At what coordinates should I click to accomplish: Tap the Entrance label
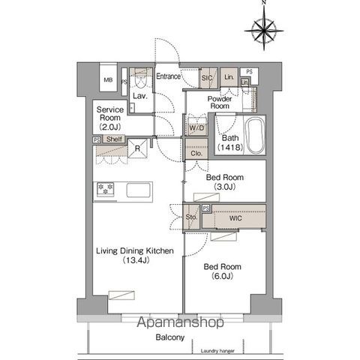pos(169,76)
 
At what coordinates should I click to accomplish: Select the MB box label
pos(108,81)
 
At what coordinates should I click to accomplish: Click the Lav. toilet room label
pos(139,96)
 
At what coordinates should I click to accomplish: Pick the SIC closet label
pos(206,77)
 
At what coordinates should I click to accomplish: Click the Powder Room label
pos(219,102)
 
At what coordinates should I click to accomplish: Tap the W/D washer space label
pos(196,127)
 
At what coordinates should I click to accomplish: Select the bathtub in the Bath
pos(254,136)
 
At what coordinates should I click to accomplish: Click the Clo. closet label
pos(196,153)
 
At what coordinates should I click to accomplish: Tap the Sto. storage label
pos(191,217)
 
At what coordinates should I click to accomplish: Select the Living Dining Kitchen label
pos(131,256)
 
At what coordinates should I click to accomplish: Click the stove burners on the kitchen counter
pos(103,189)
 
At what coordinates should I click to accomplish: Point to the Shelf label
pos(113,139)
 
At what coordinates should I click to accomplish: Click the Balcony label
pos(170,338)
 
